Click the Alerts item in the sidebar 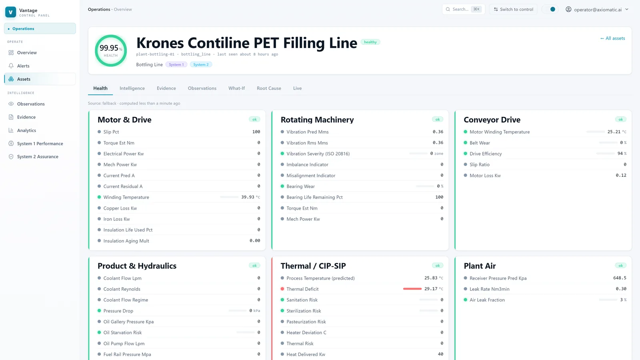coord(23,66)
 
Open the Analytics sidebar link coord(26,130)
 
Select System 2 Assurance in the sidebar coord(38,156)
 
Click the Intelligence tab coord(132,88)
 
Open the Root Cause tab coord(269,88)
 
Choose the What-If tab coord(236,88)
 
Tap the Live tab coord(298,88)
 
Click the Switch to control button coord(514,10)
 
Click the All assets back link coord(612,38)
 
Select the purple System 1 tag coord(176,64)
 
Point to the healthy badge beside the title coord(370,42)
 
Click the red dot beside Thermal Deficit coord(282,289)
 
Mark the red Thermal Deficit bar coord(412,289)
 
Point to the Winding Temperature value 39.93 coord(248,197)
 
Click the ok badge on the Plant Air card coord(620,266)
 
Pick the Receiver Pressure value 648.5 coord(620,278)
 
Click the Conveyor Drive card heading coord(492,120)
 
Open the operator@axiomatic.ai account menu coord(598,10)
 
